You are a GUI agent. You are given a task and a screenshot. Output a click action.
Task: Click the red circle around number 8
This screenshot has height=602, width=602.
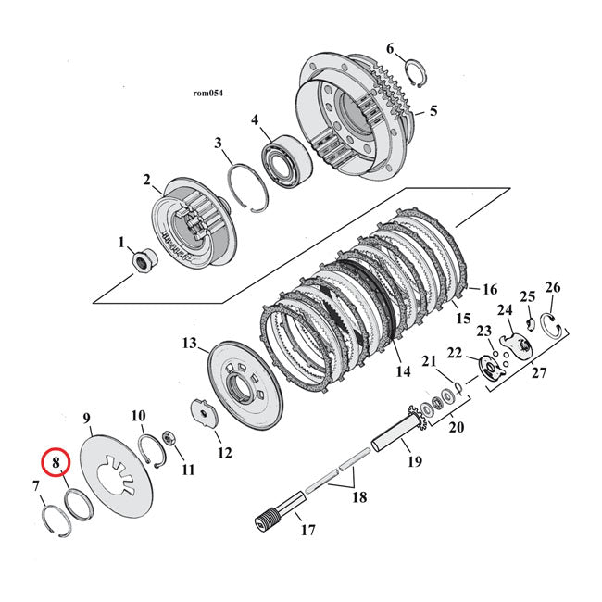point(56,461)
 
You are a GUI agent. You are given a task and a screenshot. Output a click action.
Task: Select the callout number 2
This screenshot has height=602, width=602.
point(146,180)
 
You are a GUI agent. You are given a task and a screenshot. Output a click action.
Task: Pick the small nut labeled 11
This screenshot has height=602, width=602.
point(170,436)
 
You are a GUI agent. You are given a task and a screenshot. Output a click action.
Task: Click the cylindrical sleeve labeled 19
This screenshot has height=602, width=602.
point(396,433)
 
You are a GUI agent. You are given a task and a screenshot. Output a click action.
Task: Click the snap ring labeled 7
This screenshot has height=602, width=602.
point(53,515)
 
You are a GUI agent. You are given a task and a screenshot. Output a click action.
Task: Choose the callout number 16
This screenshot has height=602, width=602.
point(490,289)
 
